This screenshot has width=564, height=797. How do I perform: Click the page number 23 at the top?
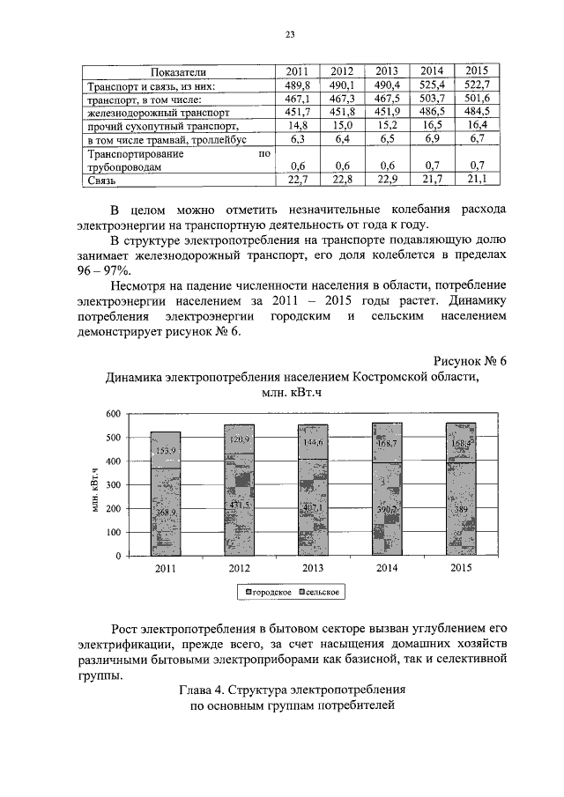(288, 34)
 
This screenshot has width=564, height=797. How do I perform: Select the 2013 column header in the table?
(387, 71)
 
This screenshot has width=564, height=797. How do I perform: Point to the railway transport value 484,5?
(477, 113)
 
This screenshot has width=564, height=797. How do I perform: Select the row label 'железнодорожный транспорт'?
(159, 113)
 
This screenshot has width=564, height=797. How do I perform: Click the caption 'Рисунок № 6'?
(471, 362)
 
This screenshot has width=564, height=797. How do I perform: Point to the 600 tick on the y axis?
(112, 414)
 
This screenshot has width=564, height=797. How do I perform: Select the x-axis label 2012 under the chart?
(239, 568)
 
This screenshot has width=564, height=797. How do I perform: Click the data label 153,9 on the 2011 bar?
(166, 451)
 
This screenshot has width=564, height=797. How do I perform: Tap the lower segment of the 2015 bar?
(462, 511)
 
